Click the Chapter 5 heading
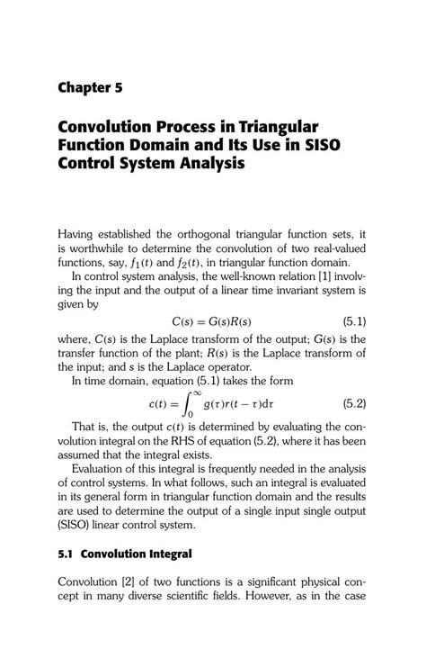click(x=89, y=87)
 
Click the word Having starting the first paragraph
click(x=81, y=234)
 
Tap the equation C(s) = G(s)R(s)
click(x=211, y=321)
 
